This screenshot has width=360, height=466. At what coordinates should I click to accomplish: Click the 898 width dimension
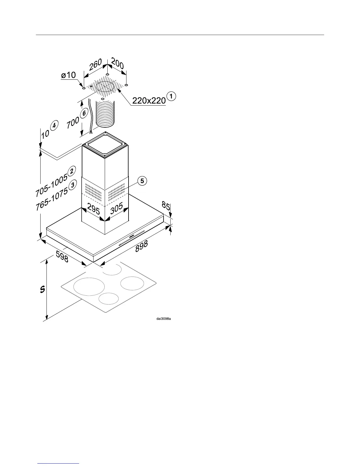coord(141,247)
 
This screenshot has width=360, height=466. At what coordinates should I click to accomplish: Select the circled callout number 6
coord(84,113)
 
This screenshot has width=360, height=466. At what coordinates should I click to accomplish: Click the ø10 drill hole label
coord(68,75)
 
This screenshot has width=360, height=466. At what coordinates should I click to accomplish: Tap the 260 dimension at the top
coord(96,65)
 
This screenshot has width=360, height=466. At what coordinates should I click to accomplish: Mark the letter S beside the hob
coord(42,289)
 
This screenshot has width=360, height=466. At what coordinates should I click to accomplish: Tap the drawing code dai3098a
coord(163,318)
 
